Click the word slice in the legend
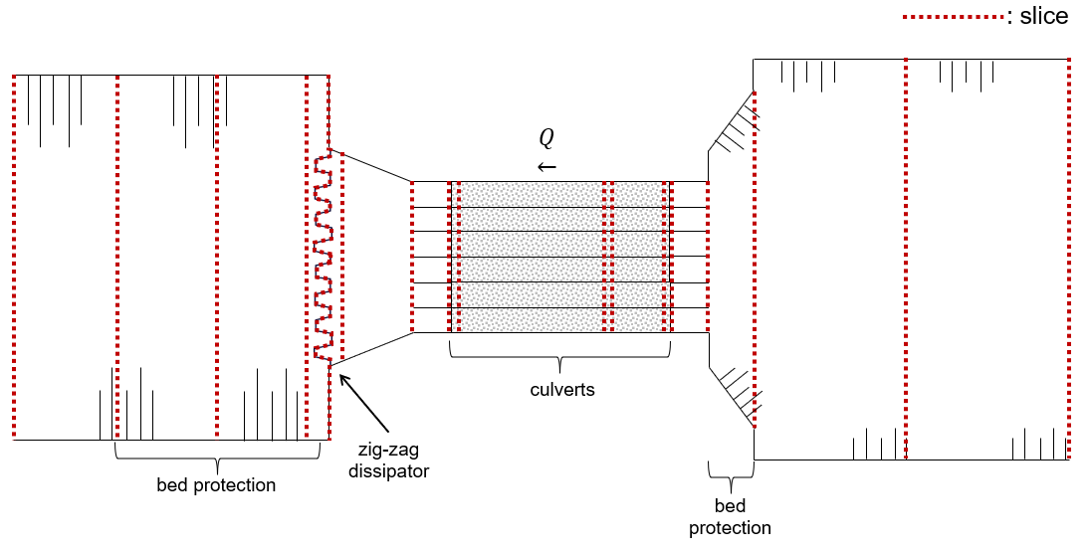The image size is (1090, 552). (1043, 16)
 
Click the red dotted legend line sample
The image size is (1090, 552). (954, 16)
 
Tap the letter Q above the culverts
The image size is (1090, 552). (546, 139)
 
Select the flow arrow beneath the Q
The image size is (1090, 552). (547, 167)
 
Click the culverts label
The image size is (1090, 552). (562, 390)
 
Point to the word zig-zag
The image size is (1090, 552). (388, 451)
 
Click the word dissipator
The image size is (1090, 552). (388, 471)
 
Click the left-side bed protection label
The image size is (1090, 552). (216, 484)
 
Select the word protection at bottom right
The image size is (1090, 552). (730, 528)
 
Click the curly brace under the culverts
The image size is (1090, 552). (559, 358)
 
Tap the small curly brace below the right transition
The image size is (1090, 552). (731, 477)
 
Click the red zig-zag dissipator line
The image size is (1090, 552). (322, 257)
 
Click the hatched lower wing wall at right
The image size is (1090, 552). (736, 394)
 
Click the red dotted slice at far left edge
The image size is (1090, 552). (14, 257)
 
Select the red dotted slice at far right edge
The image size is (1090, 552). (1069, 259)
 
